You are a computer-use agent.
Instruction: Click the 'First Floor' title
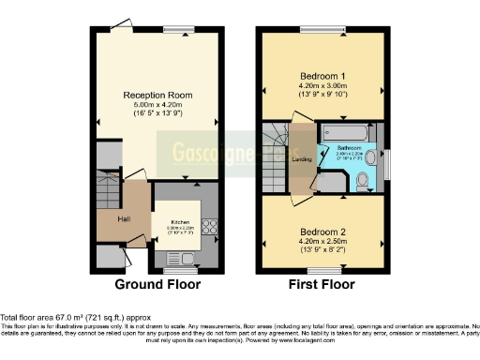(322, 282)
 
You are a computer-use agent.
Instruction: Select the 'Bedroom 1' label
(322, 75)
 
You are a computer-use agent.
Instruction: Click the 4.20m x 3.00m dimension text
(322, 86)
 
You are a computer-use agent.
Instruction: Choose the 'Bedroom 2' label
(322, 230)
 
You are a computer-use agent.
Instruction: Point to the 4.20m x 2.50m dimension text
(322, 241)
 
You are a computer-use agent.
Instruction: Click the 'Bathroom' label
(350, 147)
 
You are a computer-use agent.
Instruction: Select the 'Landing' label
(303, 158)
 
